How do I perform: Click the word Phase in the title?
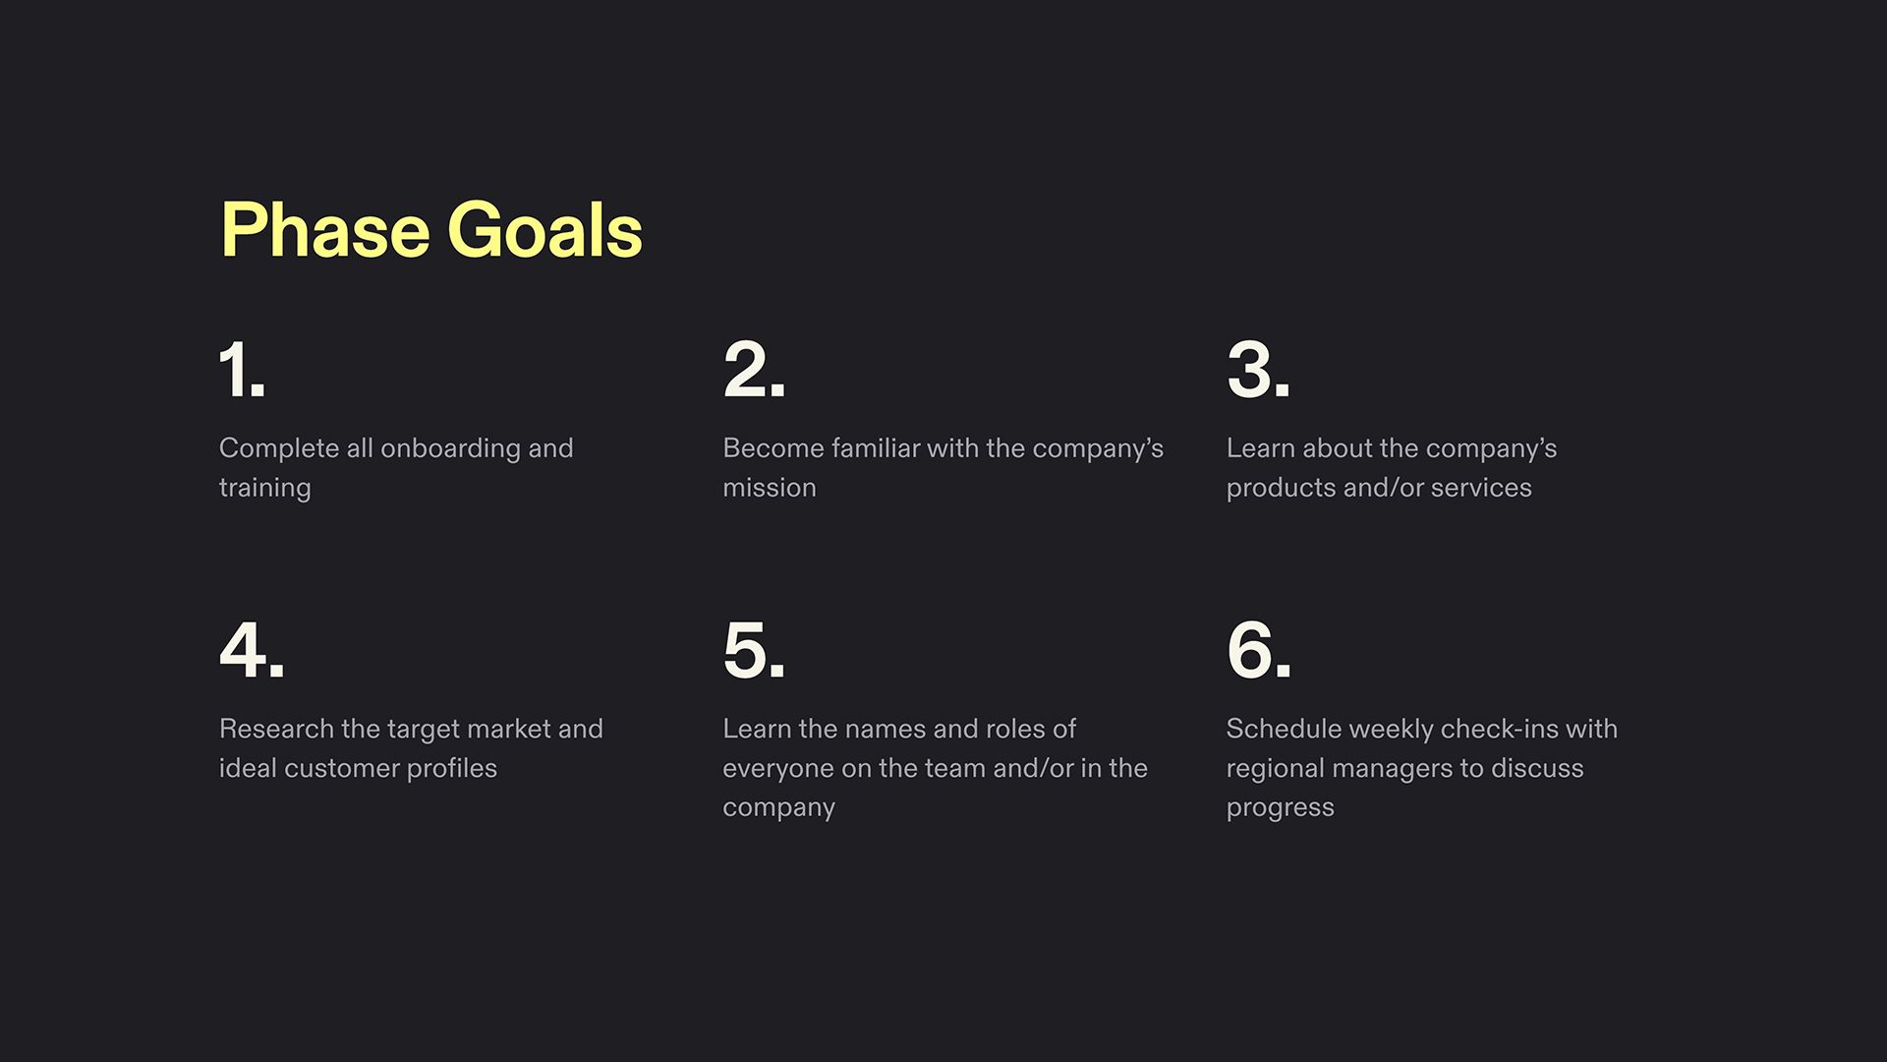(x=325, y=230)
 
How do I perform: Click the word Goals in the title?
(x=544, y=230)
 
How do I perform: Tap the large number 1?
(x=242, y=370)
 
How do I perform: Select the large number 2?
(x=754, y=370)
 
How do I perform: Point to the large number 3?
(x=1258, y=370)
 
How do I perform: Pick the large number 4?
(x=252, y=650)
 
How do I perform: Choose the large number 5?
(x=754, y=650)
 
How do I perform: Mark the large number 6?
(x=1258, y=650)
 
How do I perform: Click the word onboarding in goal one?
(x=450, y=448)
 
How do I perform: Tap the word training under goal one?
(x=264, y=488)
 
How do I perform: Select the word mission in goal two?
(x=770, y=488)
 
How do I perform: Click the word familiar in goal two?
(x=876, y=448)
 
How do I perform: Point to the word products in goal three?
(x=1281, y=488)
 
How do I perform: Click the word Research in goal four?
(x=276, y=729)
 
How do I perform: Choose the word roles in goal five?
(x=1015, y=729)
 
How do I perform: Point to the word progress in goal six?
(x=1280, y=807)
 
